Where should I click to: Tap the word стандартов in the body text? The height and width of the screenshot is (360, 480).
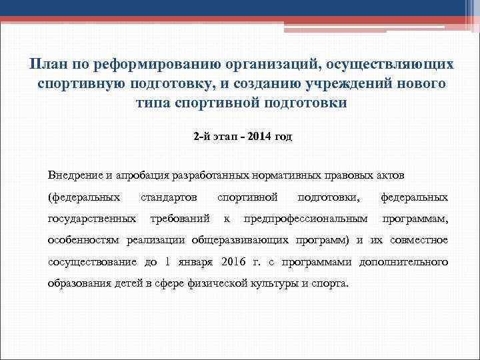click(x=169, y=197)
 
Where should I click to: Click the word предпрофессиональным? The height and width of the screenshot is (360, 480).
click(x=306, y=218)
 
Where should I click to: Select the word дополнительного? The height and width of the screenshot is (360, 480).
click(x=403, y=261)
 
